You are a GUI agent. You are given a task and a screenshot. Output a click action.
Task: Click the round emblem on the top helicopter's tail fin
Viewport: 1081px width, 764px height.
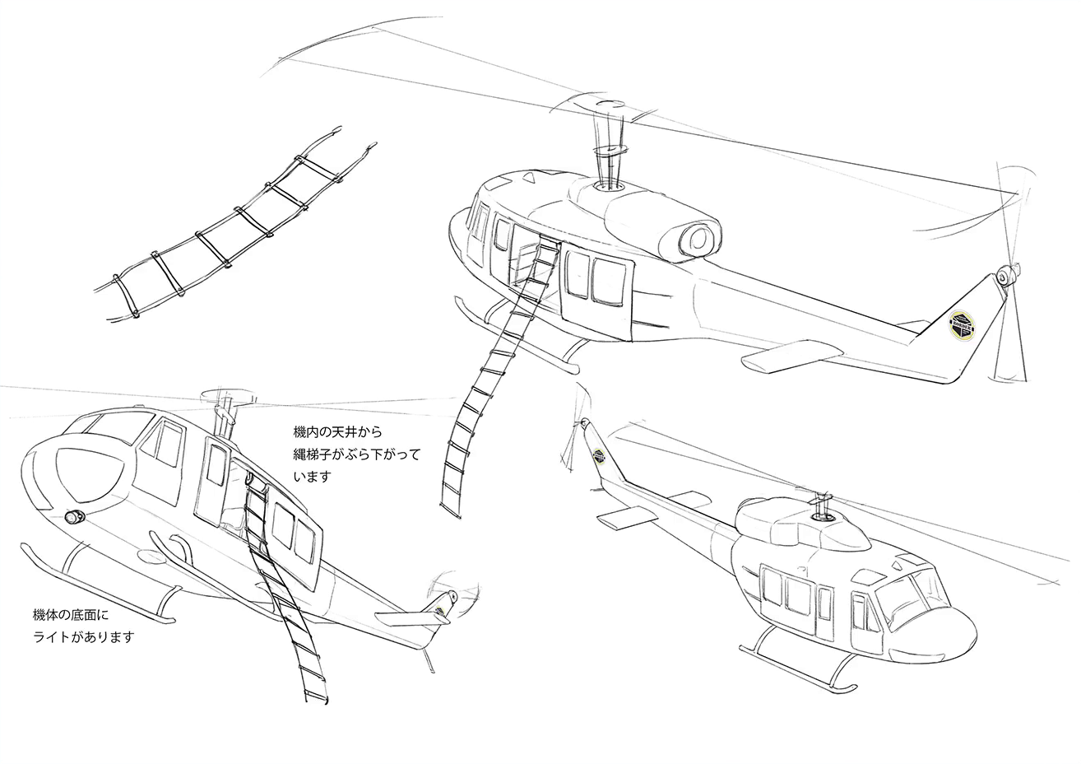(962, 327)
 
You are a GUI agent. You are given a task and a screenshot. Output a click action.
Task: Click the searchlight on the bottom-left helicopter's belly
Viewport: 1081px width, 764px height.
(75, 517)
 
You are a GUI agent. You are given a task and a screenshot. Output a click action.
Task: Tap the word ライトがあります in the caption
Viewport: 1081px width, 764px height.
(82, 637)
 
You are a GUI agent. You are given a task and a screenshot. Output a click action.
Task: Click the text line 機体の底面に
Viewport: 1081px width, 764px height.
(71, 615)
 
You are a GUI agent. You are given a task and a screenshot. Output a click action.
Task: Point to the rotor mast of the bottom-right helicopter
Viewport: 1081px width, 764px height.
(820, 506)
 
